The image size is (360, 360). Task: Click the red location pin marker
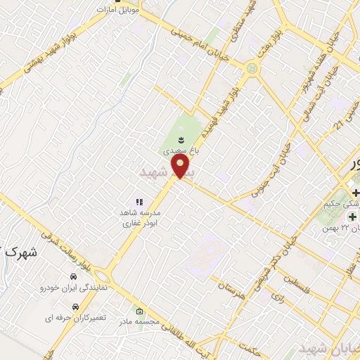point(181,167)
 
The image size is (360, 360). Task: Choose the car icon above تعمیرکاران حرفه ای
point(75,307)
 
